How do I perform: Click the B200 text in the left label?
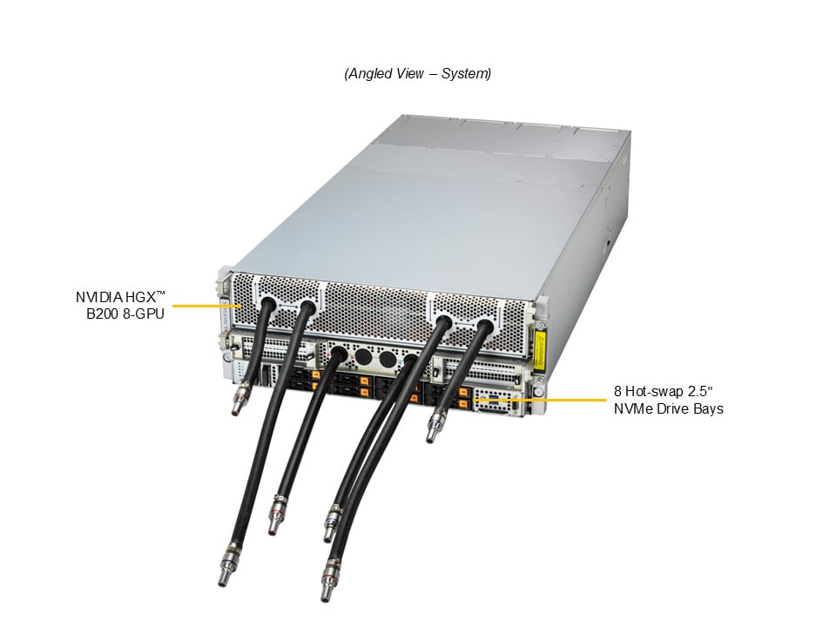[x=101, y=313]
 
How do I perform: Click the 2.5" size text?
[x=699, y=391]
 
